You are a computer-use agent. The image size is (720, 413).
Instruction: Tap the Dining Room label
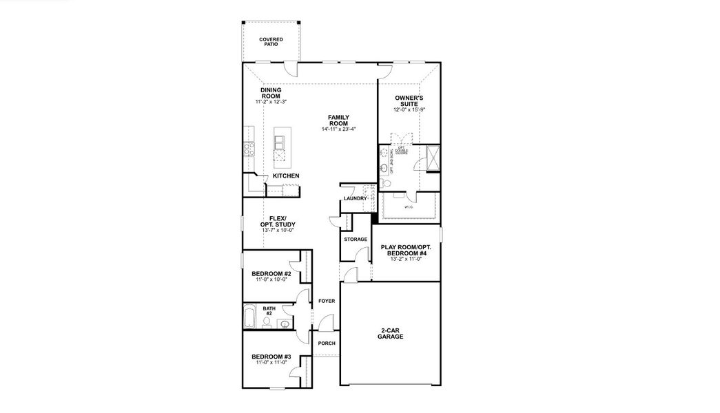click(270, 93)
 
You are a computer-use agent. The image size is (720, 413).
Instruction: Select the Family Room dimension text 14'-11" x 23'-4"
click(338, 129)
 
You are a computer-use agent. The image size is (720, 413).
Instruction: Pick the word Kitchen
click(285, 176)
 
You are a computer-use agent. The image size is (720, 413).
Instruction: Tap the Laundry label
click(355, 199)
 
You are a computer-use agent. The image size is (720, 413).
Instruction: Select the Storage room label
click(356, 240)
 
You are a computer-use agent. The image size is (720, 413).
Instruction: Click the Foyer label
click(326, 301)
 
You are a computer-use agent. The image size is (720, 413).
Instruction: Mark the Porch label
click(326, 343)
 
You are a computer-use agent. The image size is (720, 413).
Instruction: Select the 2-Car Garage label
click(390, 334)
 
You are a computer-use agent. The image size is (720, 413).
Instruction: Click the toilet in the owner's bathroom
click(387, 184)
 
